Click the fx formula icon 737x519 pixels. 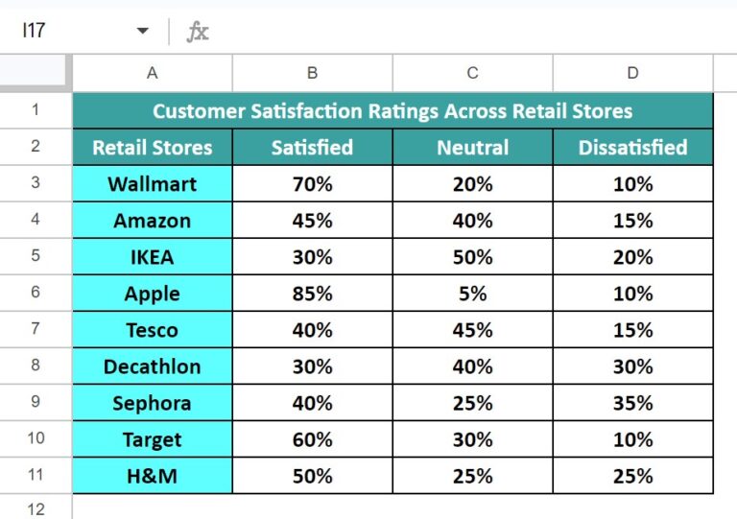click(198, 32)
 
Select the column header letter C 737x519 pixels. click(472, 73)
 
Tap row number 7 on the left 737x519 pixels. click(36, 328)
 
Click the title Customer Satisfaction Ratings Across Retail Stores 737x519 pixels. click(392, 111)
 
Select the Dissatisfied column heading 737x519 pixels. click(632, 148)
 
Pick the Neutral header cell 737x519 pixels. click(472, 148)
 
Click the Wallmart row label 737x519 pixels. click(153, 184)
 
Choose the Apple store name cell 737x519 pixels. click(153, 294)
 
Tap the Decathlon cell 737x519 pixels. click(153, 366)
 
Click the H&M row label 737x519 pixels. click(153, 476)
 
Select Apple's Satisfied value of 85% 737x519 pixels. click(312, 294)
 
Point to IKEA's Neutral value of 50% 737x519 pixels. click(472, 257)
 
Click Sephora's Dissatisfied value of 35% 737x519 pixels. click(632, 403)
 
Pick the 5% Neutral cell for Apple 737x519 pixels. click(472, 294)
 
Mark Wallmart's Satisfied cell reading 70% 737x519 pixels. click(312, 184)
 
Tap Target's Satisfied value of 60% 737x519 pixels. click(312, 439)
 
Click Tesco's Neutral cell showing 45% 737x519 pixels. click(472, 330)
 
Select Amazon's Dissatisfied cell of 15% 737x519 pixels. click(632, 221)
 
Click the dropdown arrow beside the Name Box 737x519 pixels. click(142, 31)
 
